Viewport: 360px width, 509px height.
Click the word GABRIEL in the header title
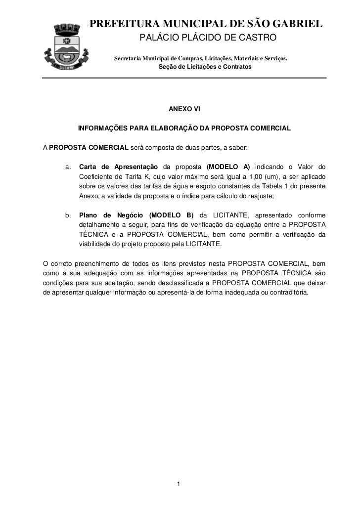[296, 24]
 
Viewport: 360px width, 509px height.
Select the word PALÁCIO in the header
[156, 39]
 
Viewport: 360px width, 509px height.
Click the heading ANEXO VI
[184, 109]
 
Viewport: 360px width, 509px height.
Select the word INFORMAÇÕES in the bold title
[102, 128]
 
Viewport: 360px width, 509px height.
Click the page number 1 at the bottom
[180, 483]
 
